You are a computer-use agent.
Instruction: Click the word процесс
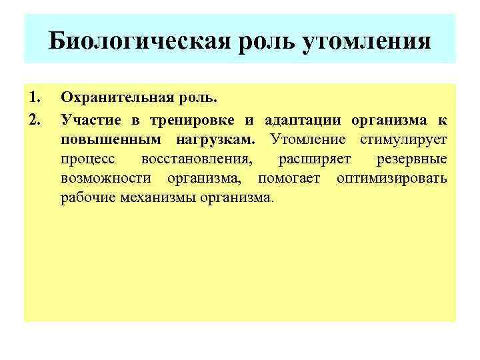pos(87,160)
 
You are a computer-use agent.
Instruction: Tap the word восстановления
pos(198,160)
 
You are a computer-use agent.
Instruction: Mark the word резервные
pos(412,160)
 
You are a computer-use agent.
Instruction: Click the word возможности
pos(105,179)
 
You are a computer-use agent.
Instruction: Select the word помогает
pos(289,179)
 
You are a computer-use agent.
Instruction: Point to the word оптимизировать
pos(392,179)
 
